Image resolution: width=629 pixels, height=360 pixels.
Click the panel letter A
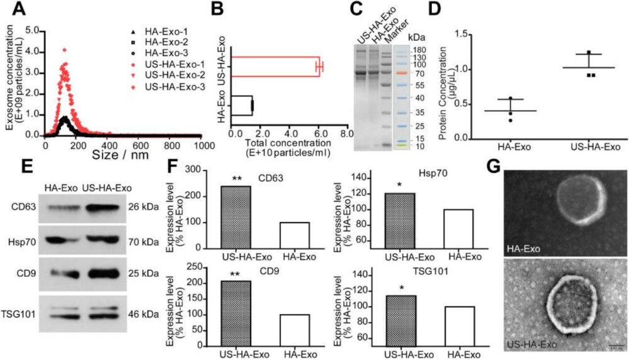coord(12,9)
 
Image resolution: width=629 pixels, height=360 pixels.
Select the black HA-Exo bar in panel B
coord(242,105)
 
